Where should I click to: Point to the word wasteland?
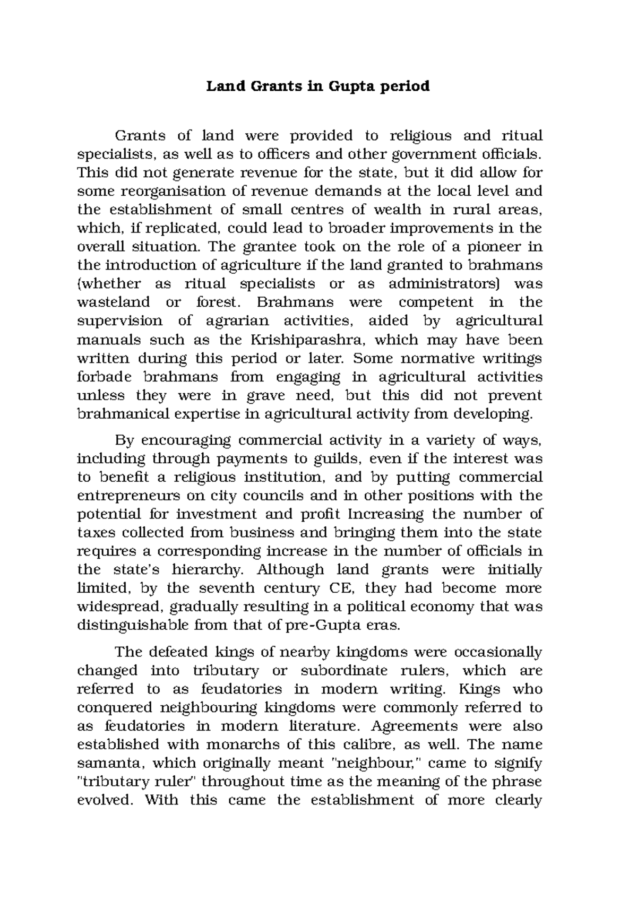coord(114,302)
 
